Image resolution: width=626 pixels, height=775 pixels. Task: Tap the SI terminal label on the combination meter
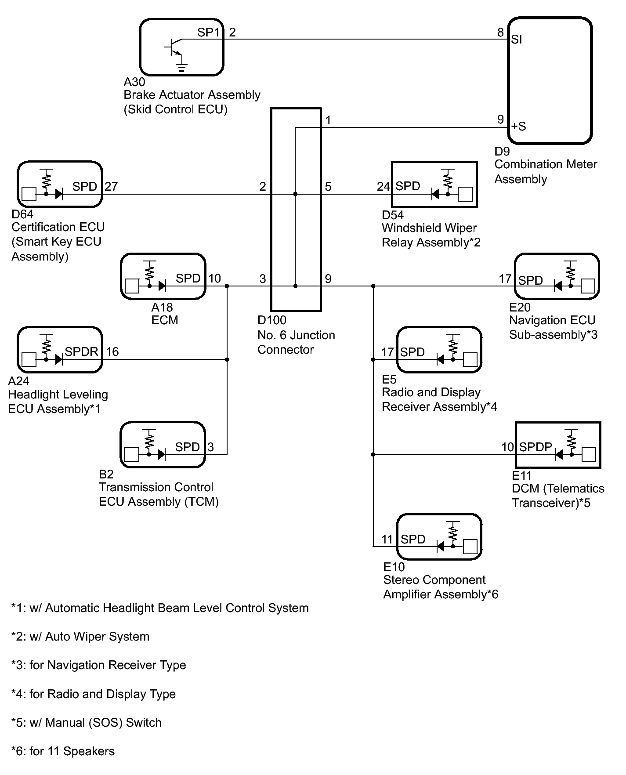[x=517, y=40]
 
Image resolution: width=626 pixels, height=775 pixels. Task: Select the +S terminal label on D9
[x=518, y=127]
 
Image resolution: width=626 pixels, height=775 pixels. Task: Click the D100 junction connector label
[x=272, y=320]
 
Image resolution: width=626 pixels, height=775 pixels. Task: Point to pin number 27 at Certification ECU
[x=111, y=186]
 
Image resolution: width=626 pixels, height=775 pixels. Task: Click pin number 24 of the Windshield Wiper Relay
[x=384, y=186]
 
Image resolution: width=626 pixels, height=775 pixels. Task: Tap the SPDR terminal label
[x=82, y=351]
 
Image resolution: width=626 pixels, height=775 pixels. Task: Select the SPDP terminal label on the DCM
[x=536, y=447]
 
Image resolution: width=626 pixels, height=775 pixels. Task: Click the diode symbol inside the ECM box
[x=162, y=286]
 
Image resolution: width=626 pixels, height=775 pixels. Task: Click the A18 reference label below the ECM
[x=162, y=307]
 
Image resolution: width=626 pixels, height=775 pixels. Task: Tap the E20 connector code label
[x=520, y=307]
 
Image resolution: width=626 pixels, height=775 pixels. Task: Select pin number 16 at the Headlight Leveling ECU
[x=112, y=351]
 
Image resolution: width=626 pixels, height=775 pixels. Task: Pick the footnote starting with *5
[x=87, y=723]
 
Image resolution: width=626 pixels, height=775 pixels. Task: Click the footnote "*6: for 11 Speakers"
[x=63, y=751]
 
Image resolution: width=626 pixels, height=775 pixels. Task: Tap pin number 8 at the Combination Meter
[x=500, y=32]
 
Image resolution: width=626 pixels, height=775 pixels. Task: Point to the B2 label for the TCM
[x=106, y=474]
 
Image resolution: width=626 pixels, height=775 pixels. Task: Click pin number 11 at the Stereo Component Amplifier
[x=387, y=539]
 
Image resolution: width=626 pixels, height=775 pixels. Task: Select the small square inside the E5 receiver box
[x=470, y=359]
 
